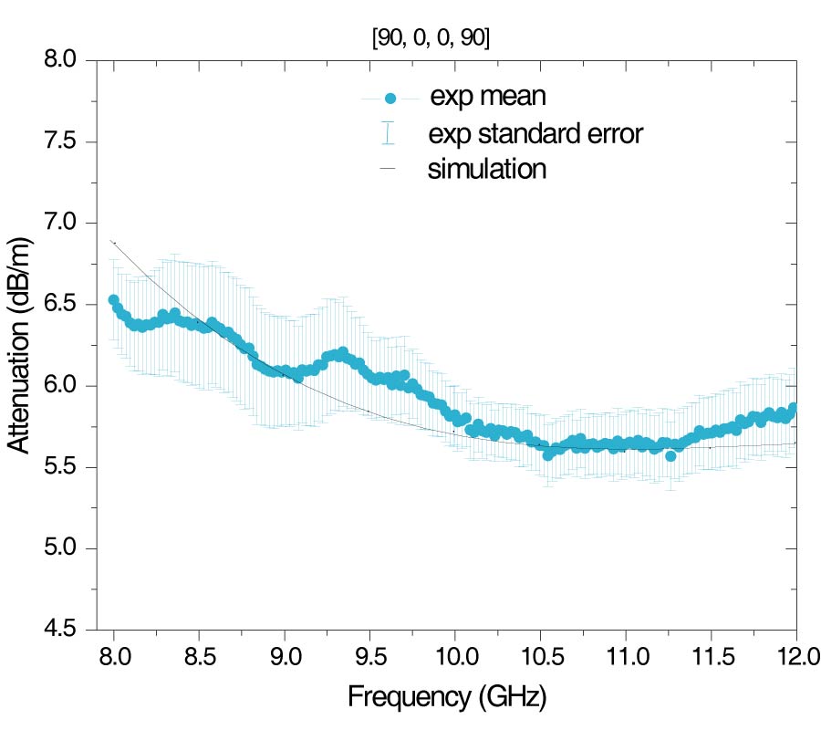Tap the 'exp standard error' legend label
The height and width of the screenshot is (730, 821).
(535, 134)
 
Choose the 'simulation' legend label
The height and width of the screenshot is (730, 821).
(487, 169)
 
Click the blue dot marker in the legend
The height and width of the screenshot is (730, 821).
(390, 98)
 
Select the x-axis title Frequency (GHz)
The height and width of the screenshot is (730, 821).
(447, 698)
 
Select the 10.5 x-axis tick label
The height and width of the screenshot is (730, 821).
(540, 656)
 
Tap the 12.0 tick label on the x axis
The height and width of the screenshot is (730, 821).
(795, 656)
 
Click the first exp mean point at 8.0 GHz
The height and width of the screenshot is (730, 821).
(114, 299)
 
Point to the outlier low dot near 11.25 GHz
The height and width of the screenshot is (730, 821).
(670, 455)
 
